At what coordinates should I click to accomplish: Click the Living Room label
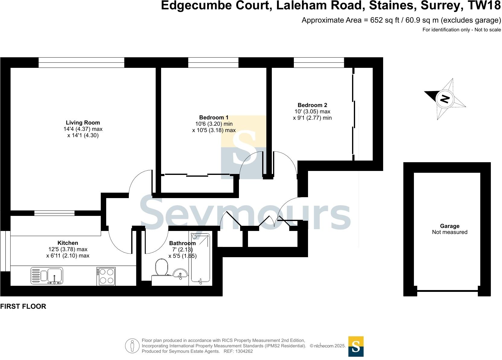point(83,123)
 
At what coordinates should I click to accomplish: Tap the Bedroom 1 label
point(214,118)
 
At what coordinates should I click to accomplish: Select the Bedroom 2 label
point(312,105)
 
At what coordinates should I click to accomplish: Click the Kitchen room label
point(68,243)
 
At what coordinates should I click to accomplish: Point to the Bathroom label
point(182,243)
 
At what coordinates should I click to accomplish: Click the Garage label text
point(450,226)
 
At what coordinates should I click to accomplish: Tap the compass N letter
point(445,99)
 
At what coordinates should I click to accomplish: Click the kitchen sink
point(47,276)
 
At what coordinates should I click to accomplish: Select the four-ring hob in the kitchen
point(106,276)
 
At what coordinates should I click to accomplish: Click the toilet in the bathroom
point(162,267)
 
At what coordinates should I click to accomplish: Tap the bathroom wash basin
point(180,274)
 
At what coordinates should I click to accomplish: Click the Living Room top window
point(81,62)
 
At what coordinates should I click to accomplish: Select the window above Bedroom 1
point(213,62)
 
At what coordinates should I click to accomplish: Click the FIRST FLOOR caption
point(23,307)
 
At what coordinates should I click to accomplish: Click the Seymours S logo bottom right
point(356,346)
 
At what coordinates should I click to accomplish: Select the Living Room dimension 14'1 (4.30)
point(83,136)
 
